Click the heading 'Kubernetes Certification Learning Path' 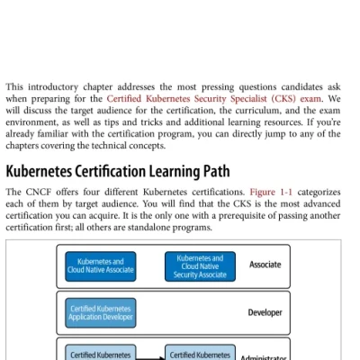(x=118, y=171)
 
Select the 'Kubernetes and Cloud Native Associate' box (x=101, y=265)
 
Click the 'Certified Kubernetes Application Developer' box (x=101, y=313)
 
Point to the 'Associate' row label (x=265, y=265)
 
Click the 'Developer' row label (x=265, y=313)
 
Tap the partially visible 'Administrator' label (x=264, y=357)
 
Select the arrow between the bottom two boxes (x=150, y=355)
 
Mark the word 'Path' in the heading (x=213, y=171)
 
